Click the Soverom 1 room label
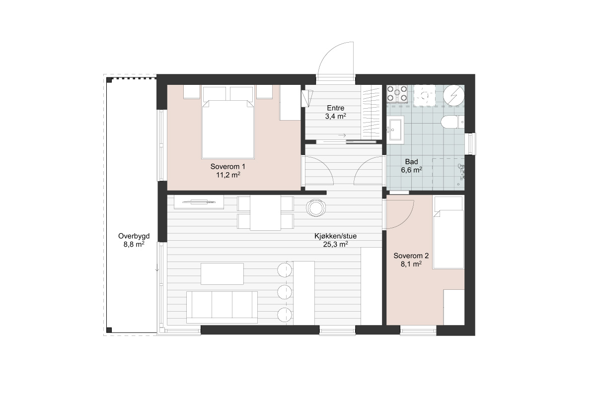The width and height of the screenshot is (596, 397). point(228,171)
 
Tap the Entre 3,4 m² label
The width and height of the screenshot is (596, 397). point(336,112)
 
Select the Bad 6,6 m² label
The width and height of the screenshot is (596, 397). point(411,166)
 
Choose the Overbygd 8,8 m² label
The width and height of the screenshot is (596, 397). point(134,240)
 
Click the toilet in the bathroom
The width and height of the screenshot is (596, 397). point(452,122)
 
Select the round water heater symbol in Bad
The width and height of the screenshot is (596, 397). point(453,95)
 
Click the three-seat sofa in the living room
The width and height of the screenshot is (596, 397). point(222,307)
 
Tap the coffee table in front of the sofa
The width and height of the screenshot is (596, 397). point(222,274)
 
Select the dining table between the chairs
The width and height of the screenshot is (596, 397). point(265,213)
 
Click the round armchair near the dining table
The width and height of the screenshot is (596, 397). point(316,207)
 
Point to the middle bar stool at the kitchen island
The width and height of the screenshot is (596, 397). point(285,292)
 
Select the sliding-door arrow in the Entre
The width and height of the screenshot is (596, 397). point(342,135)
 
